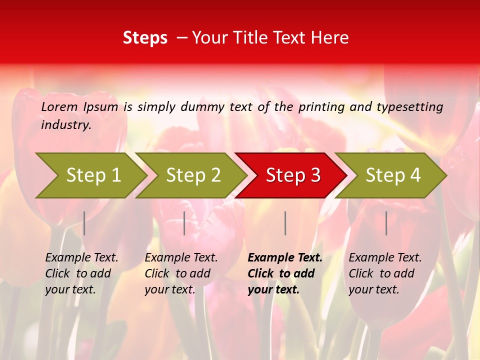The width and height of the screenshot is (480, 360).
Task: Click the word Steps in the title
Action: [145, 38]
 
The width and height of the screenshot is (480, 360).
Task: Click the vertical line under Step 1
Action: [84, 223]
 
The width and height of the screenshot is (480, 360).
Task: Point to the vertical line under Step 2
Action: [184, 223]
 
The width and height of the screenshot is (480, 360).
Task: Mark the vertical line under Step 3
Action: [285, 223]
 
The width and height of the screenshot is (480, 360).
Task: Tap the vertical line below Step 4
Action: [386, 223]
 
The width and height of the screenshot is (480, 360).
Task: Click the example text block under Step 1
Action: [81, 273]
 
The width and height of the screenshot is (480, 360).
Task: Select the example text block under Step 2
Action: [180, 273]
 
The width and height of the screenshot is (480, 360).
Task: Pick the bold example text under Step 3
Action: [284, 273]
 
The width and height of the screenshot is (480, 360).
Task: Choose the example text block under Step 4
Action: [384, 273]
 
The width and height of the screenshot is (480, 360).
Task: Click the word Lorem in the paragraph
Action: [59, 107]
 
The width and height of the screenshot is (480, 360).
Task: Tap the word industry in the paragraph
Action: [66, 125]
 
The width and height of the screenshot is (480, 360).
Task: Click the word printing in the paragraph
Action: [320, 107]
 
